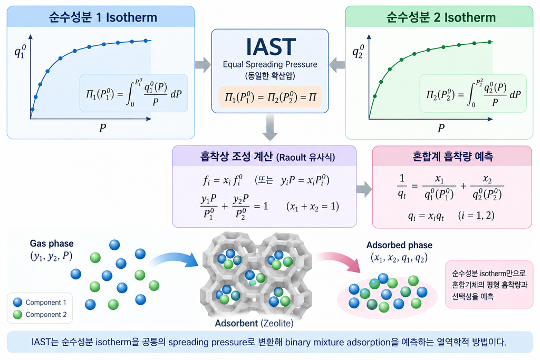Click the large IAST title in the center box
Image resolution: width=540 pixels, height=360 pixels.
point(271,47)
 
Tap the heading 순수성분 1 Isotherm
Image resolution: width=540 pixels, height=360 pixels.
point(103,17)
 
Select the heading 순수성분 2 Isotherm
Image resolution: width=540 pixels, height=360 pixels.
point(441,17)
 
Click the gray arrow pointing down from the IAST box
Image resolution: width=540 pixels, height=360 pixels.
point(270,128)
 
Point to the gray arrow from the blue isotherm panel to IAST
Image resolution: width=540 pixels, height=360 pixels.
point(203,65)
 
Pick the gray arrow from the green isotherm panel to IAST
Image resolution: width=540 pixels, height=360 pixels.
point(337,65)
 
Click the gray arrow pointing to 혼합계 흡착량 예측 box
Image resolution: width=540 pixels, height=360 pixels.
point(364,189)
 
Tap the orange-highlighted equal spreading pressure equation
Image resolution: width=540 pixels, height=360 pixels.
point(270,97)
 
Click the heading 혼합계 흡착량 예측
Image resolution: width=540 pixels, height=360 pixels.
point(452,157)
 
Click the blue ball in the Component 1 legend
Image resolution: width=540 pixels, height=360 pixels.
point(17,302)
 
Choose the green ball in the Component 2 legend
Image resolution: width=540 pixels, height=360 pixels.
point(17,314)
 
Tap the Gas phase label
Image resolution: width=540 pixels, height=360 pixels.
point(52,244)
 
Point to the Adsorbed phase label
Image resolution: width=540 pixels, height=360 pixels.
point(399,245)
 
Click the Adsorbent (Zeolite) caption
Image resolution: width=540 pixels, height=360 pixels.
point(254,323)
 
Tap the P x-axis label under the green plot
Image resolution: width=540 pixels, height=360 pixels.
point(441,129)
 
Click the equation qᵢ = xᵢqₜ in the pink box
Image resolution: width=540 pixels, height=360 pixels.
point(426,216)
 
